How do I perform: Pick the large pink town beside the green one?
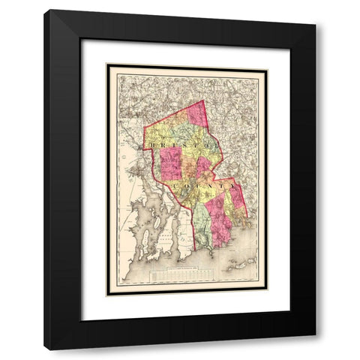coord(221,225)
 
